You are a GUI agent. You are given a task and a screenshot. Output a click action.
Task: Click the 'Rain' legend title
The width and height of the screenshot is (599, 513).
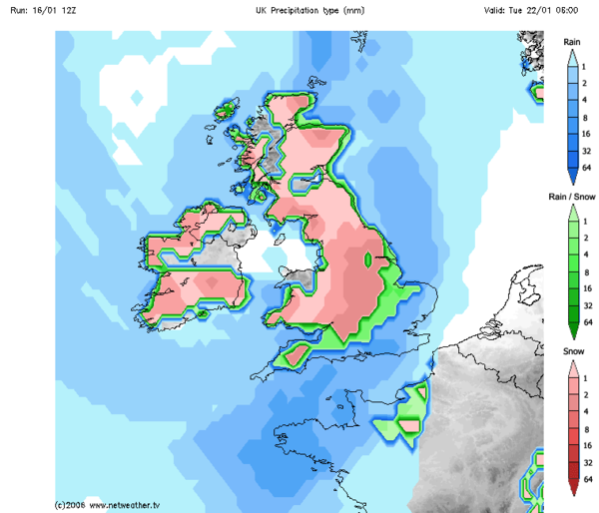click(x=572, y=42)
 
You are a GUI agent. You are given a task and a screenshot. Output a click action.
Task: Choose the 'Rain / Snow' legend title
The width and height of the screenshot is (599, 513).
click(x=572, y=197)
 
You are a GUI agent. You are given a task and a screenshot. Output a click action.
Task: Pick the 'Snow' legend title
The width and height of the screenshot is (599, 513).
click(x=572, y=351)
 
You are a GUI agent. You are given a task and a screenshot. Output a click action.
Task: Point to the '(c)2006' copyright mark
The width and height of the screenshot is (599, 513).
click(x=70, y=505)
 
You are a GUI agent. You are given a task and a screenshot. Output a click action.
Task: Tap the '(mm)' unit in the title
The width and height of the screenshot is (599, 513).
click(x=351, y=10)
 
